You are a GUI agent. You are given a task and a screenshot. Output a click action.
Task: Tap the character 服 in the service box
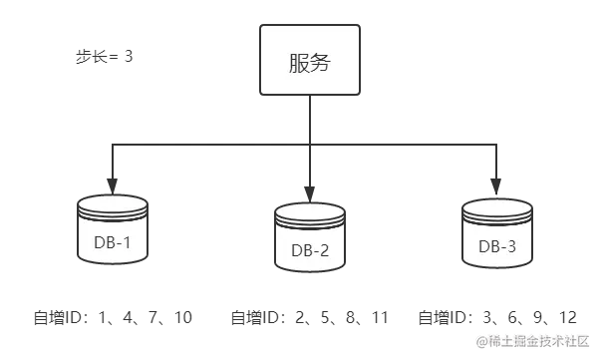[295, 61]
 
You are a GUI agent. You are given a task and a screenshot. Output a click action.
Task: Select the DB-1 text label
[111, 243]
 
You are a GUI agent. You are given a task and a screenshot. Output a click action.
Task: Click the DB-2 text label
[309, 250]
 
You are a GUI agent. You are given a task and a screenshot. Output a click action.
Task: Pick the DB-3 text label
[497, 245]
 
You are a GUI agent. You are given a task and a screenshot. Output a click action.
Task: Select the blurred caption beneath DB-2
[309, 318]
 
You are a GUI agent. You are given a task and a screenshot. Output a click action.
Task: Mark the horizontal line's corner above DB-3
[495, 147]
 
